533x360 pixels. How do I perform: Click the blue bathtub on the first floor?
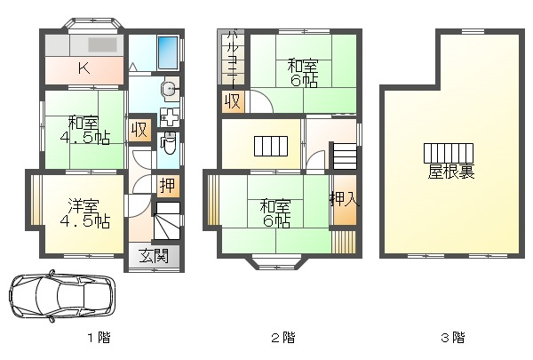pos(168,52)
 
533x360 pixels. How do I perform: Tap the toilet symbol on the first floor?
pos(168,144)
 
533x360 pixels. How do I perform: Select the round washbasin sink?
pos(169,89)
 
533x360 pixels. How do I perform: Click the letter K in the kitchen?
pos(84,68)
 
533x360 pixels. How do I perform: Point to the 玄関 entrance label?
pos(154,256)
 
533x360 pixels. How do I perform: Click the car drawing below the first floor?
pos(62,296)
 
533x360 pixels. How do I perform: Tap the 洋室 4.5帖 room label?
pos(84,213)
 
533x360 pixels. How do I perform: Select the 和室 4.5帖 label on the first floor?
pos(84,131)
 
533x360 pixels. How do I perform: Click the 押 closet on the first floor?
pos(168,186)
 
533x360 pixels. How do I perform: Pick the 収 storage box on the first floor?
pos(139,129)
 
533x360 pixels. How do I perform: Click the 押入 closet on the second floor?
pos(345,200)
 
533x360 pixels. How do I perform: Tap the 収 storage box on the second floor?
pos(233,101)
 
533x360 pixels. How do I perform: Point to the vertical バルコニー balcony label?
pos(233,57)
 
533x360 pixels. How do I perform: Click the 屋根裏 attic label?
pos(450,172)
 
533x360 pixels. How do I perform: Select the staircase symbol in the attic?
pos(449,153)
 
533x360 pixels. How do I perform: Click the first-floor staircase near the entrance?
pos(167,220)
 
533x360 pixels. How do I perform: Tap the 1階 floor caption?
pos(99,338)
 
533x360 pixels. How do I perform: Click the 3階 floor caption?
pos(453,338)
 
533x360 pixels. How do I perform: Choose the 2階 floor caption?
pos(283,338)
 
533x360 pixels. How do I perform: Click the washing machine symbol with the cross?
pos(170,117)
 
